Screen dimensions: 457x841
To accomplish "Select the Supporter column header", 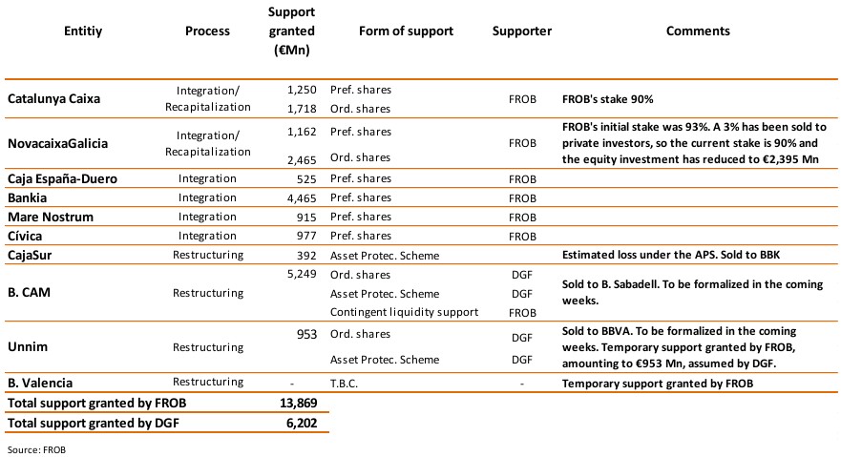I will coord(522,31).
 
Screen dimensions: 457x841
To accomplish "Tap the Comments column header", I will coord(698,31).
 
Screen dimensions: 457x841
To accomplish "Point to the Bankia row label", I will coord(30,197).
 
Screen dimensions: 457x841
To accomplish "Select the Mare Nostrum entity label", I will coord(51,217).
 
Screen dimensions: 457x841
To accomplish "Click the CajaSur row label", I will coord(33,255).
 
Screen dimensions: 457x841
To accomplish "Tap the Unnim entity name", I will coord(29,346).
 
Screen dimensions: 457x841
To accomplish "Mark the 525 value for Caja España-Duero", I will coord(305,178).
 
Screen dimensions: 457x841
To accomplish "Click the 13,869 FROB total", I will coord(296,402).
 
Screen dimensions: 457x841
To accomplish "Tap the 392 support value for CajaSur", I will coord(305,255).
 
